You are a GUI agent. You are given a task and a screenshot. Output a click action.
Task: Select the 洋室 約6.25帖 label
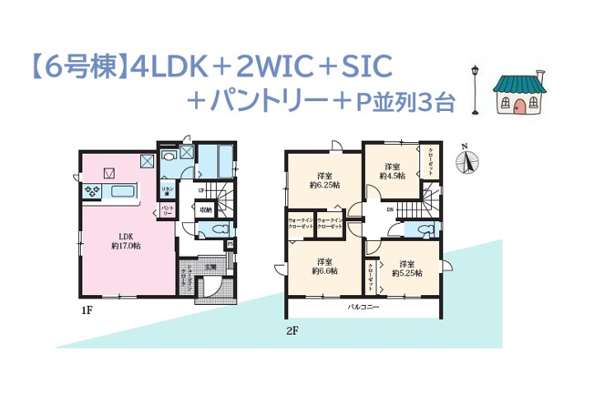pos(324,179)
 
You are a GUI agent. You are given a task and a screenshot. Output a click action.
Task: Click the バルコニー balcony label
pos(362,308)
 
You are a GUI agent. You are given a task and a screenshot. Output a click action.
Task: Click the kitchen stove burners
pos(92,190)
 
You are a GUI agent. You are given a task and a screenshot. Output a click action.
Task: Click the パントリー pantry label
pos(168,210)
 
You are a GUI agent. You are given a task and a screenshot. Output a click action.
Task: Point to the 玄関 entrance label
pos(209,266)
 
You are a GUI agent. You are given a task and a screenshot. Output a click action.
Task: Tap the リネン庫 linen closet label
pos(168,189)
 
